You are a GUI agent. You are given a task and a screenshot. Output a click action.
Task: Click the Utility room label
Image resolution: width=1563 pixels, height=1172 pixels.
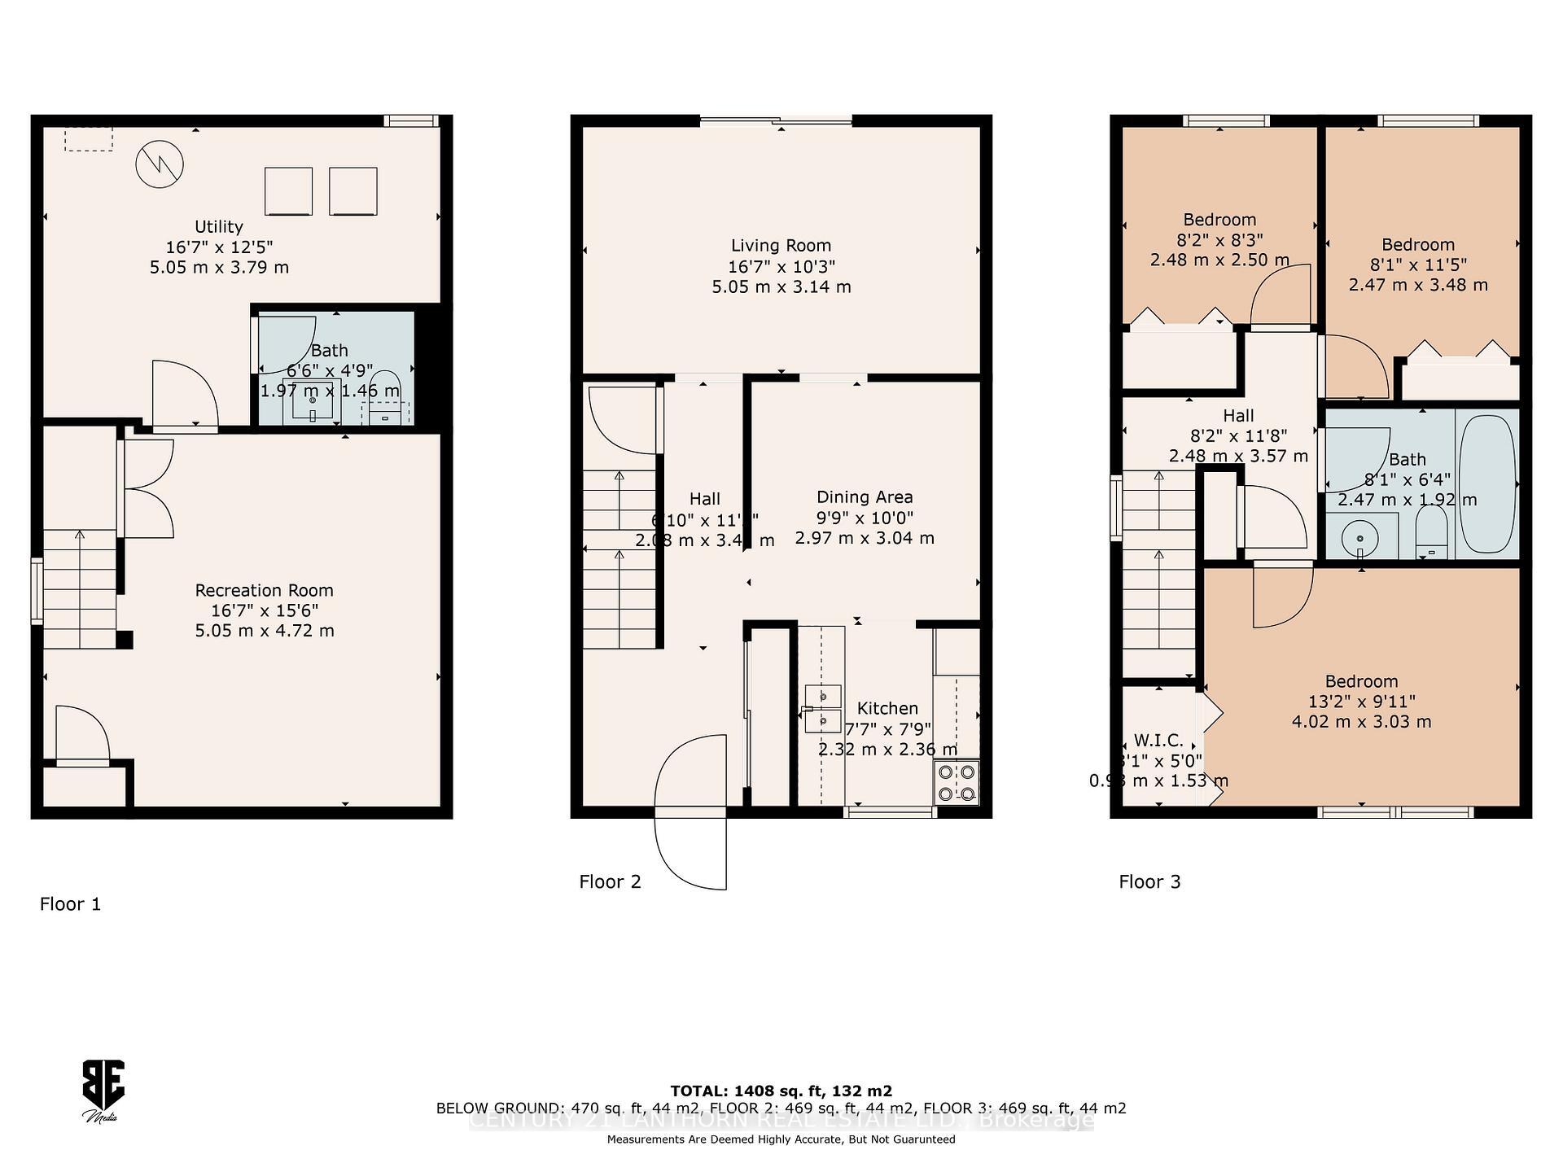pos(218,227)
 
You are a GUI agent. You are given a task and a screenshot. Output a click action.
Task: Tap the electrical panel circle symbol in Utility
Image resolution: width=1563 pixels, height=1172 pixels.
pos(160,164)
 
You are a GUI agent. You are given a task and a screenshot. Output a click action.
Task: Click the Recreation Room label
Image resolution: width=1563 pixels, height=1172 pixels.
pos(264,591)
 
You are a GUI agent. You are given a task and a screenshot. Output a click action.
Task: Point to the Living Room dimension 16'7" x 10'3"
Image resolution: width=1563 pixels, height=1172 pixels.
pos(781,266)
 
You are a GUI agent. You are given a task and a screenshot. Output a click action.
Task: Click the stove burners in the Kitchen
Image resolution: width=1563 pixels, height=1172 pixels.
pos(957,782)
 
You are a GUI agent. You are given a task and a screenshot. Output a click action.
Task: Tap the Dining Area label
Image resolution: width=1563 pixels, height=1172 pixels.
pos(865,497)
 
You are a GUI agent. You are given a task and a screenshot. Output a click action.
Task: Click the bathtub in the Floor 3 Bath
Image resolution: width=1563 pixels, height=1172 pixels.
pos(1486,484)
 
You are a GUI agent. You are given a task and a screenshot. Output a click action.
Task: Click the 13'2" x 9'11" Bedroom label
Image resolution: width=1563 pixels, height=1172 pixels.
pos(1361,702)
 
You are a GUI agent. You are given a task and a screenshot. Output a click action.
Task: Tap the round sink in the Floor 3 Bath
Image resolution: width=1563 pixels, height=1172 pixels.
pos(1359,538)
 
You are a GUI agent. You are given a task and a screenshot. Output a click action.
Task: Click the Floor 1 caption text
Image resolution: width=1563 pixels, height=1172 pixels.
pos(71,903)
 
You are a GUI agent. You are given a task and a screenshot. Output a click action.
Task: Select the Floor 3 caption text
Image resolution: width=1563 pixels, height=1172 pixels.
pos(1149,881)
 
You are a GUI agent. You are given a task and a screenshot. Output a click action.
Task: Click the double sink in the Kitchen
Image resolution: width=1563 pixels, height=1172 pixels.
pos(822,708)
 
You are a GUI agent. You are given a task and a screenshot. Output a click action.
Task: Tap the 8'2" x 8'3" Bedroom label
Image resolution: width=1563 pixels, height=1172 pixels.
pos(1219,240)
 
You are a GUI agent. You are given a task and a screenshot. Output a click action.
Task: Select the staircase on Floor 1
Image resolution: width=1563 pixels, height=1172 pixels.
pos(79,588)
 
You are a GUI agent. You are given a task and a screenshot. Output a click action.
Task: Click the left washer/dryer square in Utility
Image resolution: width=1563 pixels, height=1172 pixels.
pos(288,191)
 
